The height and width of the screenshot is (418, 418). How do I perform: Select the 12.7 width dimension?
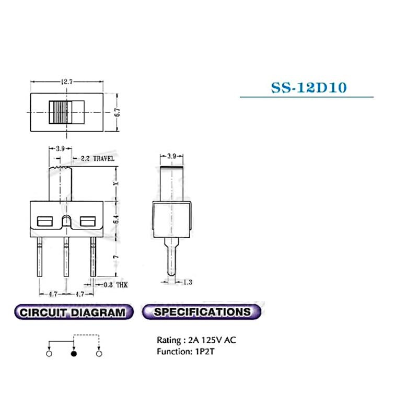[66, 82]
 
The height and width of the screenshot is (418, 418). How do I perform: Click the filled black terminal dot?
[74, 354]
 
